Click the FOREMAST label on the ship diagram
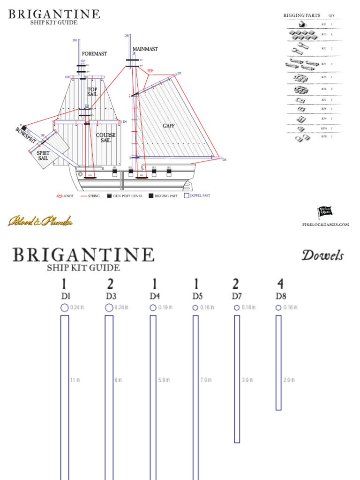tap(94, 54)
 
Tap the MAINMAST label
tap(145, 49)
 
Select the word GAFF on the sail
tap(168, 126)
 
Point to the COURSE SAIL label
tap(106, 138)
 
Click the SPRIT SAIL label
tap(43, 155)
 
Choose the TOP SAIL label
tap(92, 92)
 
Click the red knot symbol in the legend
tap(59, 196)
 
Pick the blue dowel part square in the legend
tap(186, 196)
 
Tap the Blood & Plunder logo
tap(40, 220)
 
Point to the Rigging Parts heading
tap(302, 15)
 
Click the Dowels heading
tap(322, 255)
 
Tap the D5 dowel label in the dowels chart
tap(197, 296)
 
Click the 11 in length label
tap(75, 380)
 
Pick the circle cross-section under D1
tap(65, 308)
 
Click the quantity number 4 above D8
tap(280, 284)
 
